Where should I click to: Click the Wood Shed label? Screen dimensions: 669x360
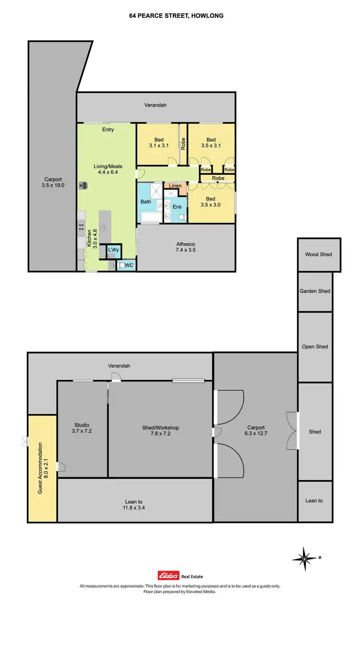click(318, 255)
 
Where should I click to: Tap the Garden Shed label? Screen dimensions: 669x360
click(314, 291)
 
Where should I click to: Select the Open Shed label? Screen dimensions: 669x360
click(314, 347)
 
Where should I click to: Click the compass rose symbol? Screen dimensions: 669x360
click(304, 558)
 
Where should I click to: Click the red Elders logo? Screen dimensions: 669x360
click(168, 576)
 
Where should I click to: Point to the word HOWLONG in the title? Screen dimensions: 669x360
click(207, 16)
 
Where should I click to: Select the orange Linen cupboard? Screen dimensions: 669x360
click(175, 186)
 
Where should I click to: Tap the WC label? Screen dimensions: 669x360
click(129, 265)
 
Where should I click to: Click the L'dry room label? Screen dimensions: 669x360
click(113, 250)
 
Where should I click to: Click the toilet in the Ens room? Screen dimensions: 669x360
click(181, 218)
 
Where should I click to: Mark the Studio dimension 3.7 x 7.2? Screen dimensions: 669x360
click(82, 431)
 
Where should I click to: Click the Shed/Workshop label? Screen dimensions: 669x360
click(160, 428)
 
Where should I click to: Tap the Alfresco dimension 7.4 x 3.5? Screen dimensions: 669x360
click(185, 250)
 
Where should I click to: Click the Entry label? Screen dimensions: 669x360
click(108, 130)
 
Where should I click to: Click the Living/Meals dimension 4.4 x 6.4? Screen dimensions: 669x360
click(106, 172)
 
